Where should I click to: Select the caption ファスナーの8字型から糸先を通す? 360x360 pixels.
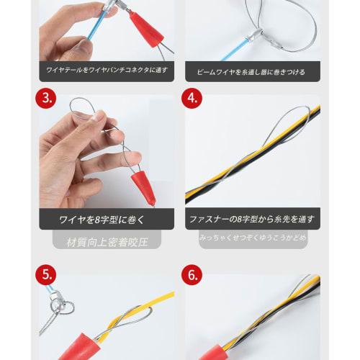point(251,219)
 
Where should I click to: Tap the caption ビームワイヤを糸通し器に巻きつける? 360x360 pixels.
point(251,72)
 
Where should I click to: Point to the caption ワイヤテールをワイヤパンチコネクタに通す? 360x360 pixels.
point(107,72)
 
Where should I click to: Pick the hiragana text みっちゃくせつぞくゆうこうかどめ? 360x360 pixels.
point(251,236)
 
